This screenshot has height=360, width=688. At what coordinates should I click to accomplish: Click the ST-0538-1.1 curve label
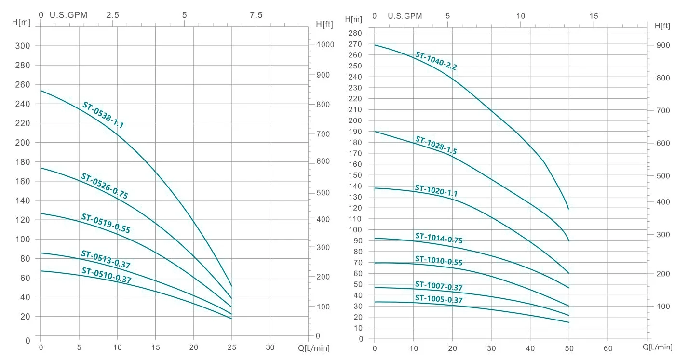pos(103,115)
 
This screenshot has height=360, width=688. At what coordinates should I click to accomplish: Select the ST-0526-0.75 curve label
pos(104,186)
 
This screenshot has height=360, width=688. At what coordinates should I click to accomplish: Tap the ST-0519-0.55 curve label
pos(106,223)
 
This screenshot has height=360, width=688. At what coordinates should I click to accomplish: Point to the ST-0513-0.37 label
pos(106,259)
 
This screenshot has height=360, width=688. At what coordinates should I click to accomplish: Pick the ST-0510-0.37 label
pos(106,275)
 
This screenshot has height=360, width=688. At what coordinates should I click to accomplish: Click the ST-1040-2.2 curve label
pos(436,61)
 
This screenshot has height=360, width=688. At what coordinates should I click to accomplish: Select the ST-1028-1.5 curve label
pos(436,145)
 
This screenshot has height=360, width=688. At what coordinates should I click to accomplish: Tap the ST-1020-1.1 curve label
pos(436,190)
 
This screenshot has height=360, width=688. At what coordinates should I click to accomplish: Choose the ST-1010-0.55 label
pos(439,261)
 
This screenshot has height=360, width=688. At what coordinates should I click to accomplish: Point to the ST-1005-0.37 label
pos(439,299)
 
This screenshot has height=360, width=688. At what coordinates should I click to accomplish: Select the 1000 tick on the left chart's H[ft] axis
pos(325,45)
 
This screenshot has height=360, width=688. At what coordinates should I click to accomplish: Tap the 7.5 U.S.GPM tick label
pos(256,15)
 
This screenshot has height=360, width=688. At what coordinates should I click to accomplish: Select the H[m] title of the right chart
pos(353,19)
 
